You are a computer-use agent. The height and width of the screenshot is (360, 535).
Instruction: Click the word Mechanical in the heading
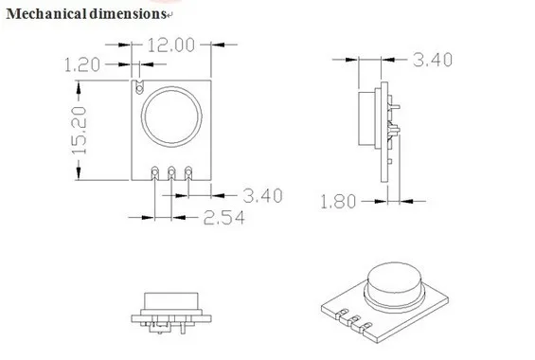coord(46,14)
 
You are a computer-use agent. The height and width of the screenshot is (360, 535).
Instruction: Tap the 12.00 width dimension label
coord(171,45)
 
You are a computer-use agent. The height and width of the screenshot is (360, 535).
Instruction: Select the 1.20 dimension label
coord(82,64)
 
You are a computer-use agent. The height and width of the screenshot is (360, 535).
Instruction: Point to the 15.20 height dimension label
coord(80,130)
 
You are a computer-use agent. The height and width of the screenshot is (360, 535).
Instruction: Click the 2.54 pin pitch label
coord(224,218)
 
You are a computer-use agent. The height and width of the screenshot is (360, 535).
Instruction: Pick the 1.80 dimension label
coord(338,202)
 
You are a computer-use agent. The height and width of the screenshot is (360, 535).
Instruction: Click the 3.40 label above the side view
coord(433,60)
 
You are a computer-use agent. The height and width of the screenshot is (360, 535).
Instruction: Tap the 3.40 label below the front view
coord(262,196)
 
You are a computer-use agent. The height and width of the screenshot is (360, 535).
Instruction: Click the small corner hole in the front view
coord(139,89)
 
